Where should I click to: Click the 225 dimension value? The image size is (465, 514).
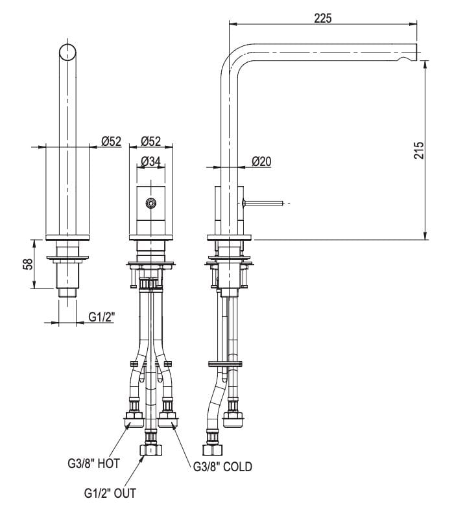(322, 18)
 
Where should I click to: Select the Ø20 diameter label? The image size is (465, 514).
(261, 161)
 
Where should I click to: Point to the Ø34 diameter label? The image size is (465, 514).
(150, 161)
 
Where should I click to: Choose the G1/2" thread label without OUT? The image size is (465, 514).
(102, 317)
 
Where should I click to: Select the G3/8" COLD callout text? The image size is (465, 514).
(222, 466)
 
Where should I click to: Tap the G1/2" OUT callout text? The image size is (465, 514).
(110, 493)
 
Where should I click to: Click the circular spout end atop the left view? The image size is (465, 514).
(67, 51)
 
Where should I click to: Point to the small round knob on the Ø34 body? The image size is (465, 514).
(151, 203)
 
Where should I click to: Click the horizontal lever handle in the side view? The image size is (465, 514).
(263, 204)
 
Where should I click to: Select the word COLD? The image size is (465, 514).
(237, 466)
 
